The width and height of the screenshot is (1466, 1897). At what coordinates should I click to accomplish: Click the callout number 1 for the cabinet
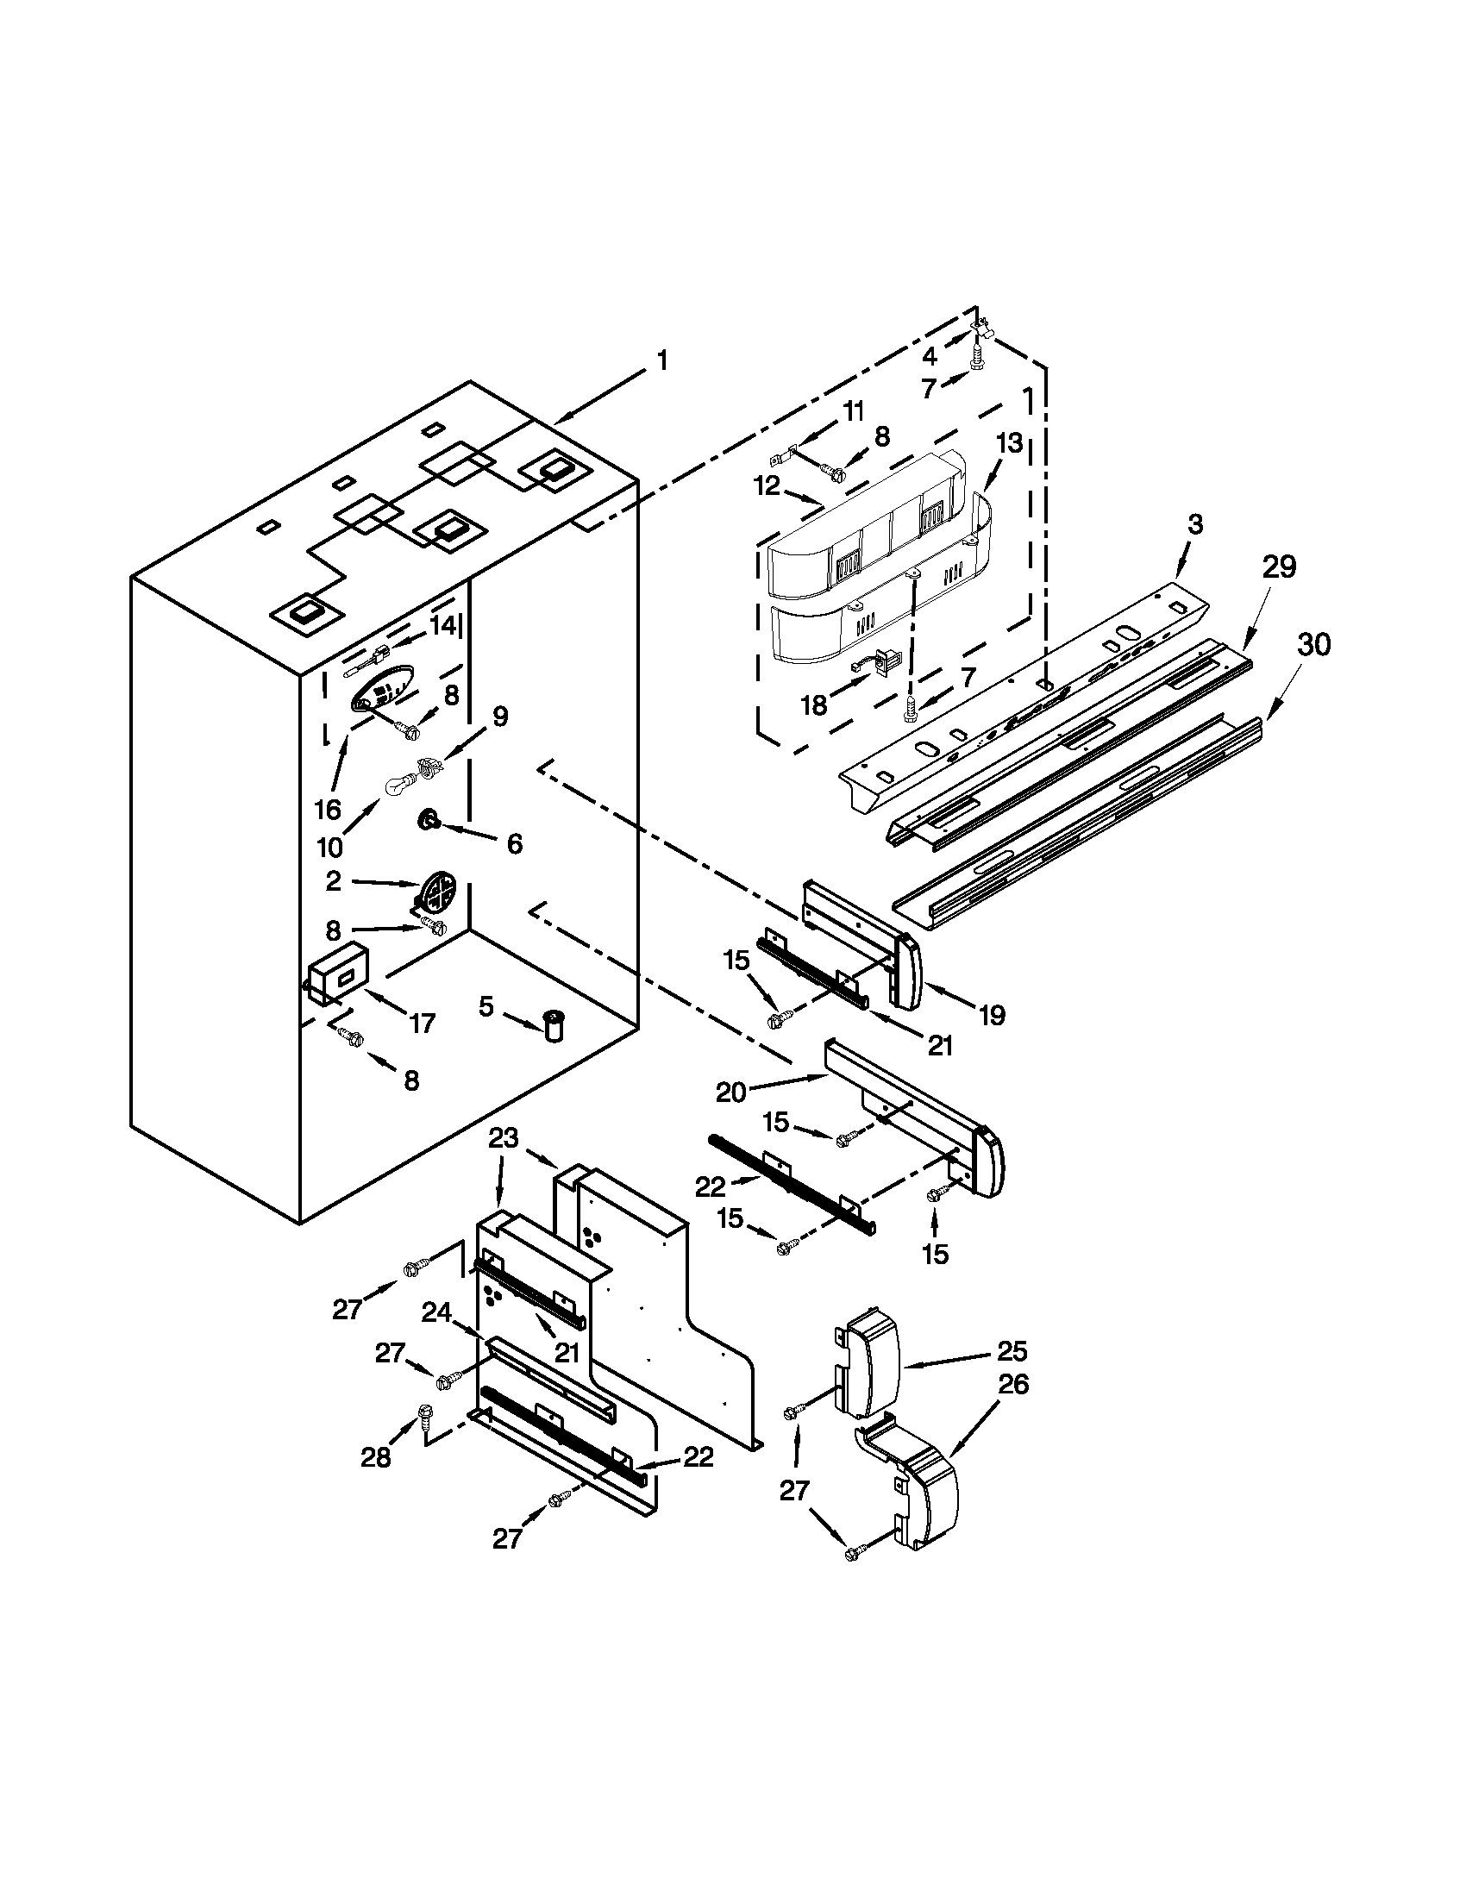point(662,360)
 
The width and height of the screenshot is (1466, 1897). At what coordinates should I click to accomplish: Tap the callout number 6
point(514,842)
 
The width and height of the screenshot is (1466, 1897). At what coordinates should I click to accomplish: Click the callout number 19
point(991,1015)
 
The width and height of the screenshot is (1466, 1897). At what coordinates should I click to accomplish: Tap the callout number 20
point(730,1092)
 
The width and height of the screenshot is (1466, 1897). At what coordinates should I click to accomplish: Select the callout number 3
point(1196,523)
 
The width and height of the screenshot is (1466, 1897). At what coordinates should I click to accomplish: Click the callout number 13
point(1010,443)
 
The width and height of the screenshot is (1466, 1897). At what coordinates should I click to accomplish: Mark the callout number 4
point(930,355)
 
